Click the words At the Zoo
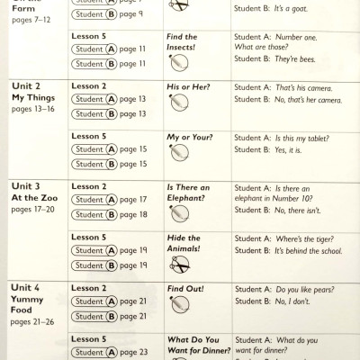35,198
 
